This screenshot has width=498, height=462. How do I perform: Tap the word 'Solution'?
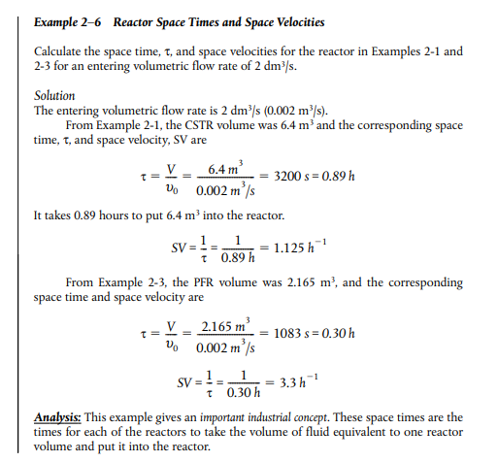tap(54, 96)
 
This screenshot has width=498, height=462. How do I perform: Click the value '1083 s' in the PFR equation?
tap(294, 333)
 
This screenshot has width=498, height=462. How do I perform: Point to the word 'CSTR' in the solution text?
tap(204, 126)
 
